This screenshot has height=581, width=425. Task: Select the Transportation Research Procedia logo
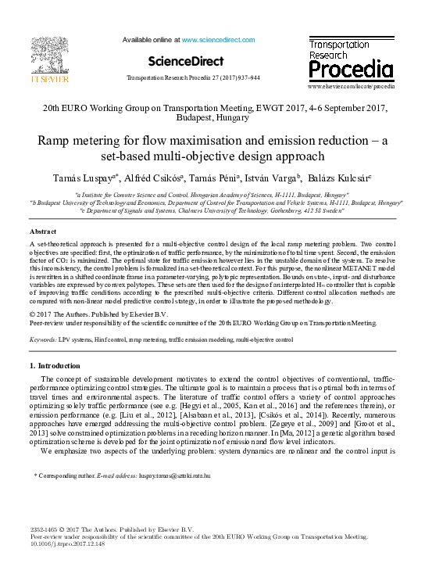[350, 59]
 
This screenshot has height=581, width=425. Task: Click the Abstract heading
[44, 232]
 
